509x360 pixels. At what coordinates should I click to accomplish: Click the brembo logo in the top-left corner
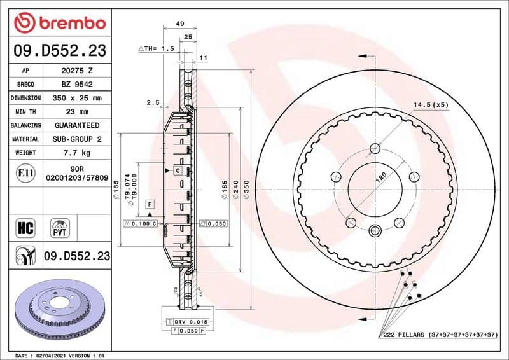[59, 23]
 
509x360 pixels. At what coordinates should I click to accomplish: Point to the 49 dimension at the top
[179, 24]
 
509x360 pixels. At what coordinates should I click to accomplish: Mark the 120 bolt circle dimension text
[380, 179]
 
